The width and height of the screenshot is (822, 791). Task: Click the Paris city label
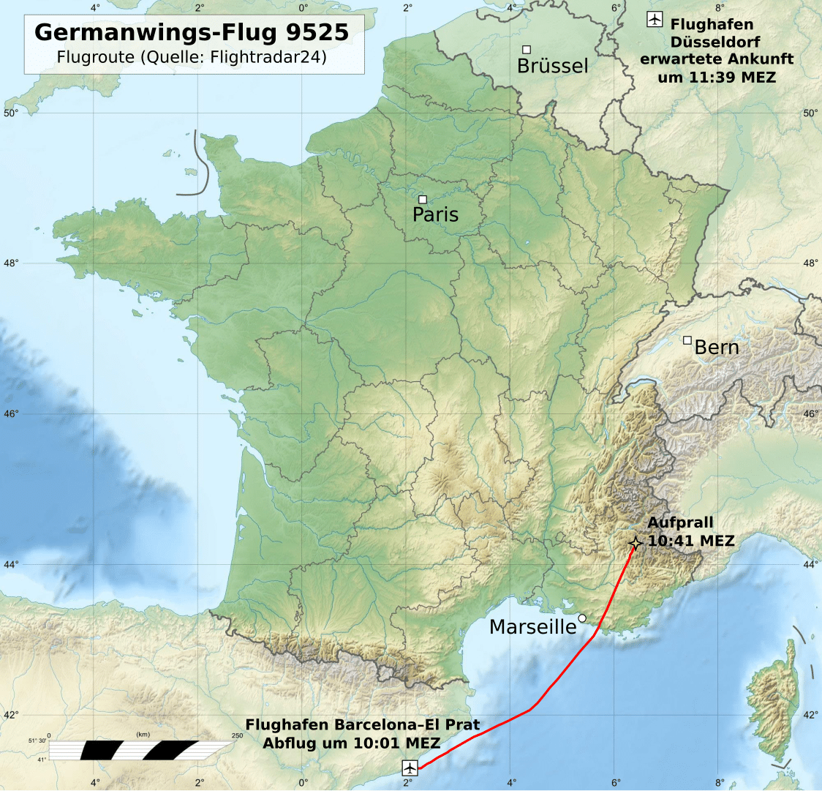pos(436,214)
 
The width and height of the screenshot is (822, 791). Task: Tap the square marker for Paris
pos(423,199)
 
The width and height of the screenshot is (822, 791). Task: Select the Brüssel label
pos(552,66)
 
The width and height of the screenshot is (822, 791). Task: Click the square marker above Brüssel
pos(527,50)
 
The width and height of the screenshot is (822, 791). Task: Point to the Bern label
pos(717,347)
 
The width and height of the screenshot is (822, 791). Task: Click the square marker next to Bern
pos(687,340)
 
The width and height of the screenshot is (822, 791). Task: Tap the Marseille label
pos(532,627)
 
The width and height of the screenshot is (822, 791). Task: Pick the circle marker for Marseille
pos(582,618)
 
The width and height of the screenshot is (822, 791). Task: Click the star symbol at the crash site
pos(636,543)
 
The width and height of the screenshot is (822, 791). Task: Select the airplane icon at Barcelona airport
pos(410,768)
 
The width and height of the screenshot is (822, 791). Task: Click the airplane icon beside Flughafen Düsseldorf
pos(655,20)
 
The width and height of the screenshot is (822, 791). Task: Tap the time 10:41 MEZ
pos(691,541)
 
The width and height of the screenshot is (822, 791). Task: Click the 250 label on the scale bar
pos(237,735)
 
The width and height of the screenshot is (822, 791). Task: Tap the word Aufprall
pos(680,522)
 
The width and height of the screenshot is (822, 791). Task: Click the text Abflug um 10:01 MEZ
pos(352,743)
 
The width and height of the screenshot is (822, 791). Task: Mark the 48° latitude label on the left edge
pos(10,263)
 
